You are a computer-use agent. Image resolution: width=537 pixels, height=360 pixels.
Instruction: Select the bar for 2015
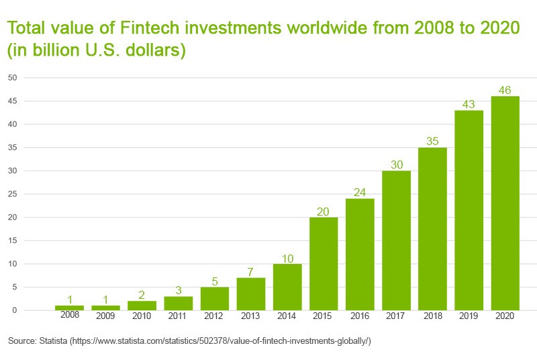click(x=324, y=263)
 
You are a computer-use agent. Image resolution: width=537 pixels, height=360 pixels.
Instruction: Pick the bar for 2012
click(x=215, y=298)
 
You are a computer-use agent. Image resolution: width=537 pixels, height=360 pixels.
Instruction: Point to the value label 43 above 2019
click(x=469, y=104)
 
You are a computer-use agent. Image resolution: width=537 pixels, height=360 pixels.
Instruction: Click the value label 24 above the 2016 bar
click(x=360, y=193)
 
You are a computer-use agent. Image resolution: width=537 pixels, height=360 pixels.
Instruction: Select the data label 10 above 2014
click(x=287, y=258)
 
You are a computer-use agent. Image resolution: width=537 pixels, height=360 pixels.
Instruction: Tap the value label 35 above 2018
click(x=432, y=141)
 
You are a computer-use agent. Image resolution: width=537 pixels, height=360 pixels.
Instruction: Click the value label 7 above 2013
click(x=251, y=272)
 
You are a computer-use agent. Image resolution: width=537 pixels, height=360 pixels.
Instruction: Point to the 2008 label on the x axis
click(x=70, y=314)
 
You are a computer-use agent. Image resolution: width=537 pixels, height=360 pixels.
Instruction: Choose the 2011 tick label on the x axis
click(x=179, y=316)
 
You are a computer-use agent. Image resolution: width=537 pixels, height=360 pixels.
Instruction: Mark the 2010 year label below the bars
click(x=142, y=316)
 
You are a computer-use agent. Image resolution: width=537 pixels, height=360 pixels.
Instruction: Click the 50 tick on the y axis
click(x=12, y=78)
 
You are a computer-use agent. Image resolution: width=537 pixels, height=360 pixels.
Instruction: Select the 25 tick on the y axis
click(x=12, y=194)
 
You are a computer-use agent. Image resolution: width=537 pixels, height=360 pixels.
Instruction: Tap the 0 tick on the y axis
click(x=14, y=310)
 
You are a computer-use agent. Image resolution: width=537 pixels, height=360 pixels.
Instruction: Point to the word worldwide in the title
click(x=331, y=29)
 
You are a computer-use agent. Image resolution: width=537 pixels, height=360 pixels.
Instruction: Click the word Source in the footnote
click(x=21, y=342)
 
